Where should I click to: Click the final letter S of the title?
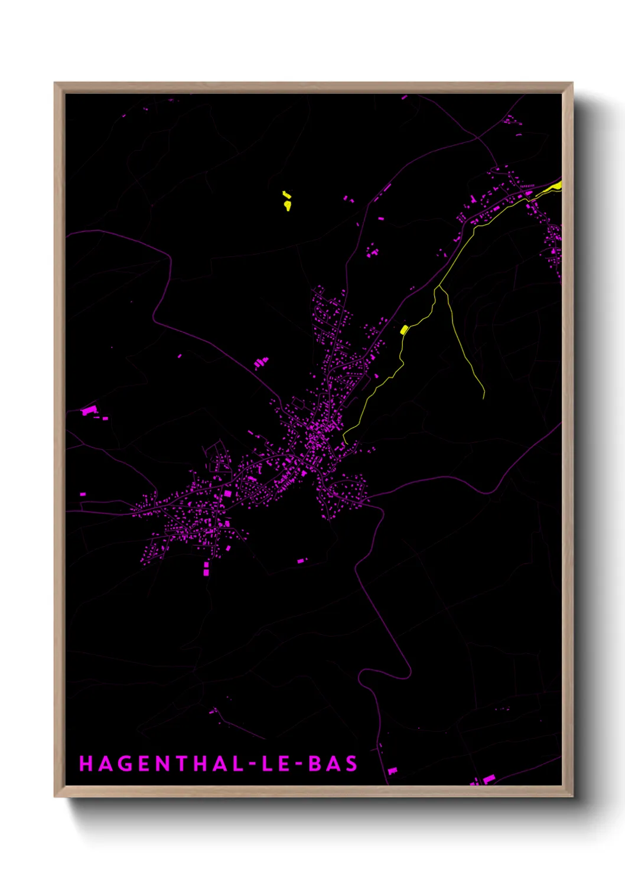pyautogui.click(x=351, y=764)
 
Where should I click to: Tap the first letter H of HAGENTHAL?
pyautogui.click(x=86, y=764)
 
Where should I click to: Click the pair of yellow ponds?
pyautogui.click(x=287, y=201)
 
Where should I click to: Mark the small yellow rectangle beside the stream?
pyautogui.click(x=404, y=330)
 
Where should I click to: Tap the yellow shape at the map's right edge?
pyautogui.click(x=554, y=187)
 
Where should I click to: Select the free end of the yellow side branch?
pyautogui.click(x=484, y=398)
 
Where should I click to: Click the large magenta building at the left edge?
pyautogui.click(x=89, y=410)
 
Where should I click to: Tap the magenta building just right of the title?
pyautogui.click(x=392, y=771)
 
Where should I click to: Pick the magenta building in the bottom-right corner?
pyautogui.click(x=488, y=780)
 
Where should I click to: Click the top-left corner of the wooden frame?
pyautogui.click(x=55, y=83)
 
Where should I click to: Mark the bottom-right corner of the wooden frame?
pyautogui.click(x=572, y=796)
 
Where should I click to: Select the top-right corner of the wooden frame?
pyautogui.click(x=572, y=83)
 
